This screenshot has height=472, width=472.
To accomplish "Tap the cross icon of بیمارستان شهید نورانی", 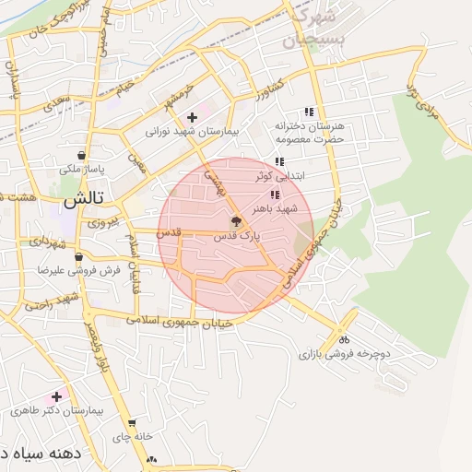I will tap(192, 117).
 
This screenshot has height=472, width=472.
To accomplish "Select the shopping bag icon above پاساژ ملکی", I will tap(84, 155).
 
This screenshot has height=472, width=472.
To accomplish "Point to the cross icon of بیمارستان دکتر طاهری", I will tap(57, 395).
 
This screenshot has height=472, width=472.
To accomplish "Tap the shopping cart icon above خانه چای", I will tap(132, 423).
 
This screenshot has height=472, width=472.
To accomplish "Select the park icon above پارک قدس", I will tap(236, 221).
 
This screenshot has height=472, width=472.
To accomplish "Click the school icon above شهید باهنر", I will tap(275, 194).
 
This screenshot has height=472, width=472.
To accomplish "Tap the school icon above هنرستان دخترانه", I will tap(308, 112).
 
